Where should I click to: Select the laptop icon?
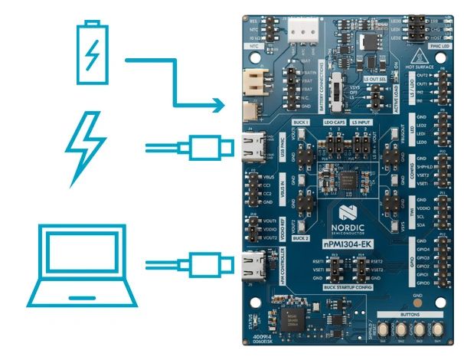pos(76,265)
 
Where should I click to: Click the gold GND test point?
pos(417,301)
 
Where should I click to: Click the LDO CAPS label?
pos(335,121)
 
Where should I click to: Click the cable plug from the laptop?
pos(207,266)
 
